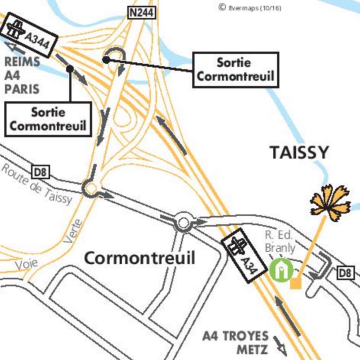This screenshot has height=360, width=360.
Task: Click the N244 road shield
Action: pos(141,13)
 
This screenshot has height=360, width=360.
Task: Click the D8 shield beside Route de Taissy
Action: pos(41,172)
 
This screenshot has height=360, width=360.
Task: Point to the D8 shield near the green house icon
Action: pos(346,272)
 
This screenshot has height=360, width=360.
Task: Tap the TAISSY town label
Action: pos(299,153)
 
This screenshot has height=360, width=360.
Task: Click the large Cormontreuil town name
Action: pos(139,258)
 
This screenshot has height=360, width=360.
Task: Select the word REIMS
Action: pos(22,62)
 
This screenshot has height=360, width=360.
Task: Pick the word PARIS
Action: pos(22,89)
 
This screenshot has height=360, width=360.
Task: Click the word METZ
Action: pos(252,350)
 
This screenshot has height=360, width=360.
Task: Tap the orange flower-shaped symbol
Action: pos(330,203)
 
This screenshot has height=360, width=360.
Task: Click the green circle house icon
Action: pos(281,270)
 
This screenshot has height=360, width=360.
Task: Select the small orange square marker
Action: pos(296,283)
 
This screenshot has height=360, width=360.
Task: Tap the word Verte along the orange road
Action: pos(73,231)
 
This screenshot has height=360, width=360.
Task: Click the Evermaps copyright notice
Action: pos(250,7)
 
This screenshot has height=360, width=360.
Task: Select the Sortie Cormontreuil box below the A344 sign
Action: pos(48,119)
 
